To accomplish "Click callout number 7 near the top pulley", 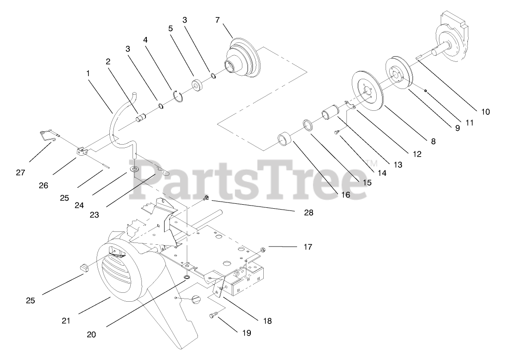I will (x=217, y=20).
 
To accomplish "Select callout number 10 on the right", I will (x=485, y=112).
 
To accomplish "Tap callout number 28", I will (x=309, y=213).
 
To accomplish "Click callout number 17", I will (x=308, y=246).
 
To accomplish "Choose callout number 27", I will (x=20, y=172).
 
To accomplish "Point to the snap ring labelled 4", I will (x=178, y=97).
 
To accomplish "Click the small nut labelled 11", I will (x=426, y=91).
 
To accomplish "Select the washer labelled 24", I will (x=134, y=170).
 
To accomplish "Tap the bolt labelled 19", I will (x=212, y=316).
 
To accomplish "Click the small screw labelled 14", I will (x=338, y=132).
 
